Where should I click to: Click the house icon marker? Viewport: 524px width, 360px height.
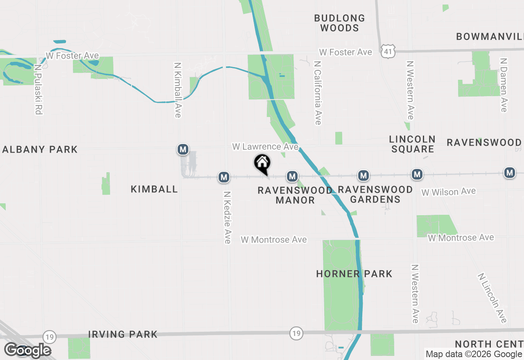click(x=262, y=163)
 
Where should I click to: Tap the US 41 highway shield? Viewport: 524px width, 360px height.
click(x=387, y=51)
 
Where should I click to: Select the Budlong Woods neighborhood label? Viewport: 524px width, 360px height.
click(x=339, y=23)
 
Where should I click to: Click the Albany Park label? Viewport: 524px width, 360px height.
click(x=40, y=149)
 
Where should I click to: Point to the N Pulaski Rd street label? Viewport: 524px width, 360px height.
click(x=39, y=89)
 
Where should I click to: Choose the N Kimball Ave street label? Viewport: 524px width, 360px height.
click(x=178, y=90)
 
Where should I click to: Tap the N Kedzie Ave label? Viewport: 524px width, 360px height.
click(x=227, y=217)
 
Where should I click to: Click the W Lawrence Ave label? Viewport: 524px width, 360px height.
click(x=265, y=146)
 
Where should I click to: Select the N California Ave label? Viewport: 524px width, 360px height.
click(x=318, y=93)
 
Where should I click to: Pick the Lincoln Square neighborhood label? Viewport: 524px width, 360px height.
click(x=412, y=144)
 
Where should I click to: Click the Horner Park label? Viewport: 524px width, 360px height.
click(x=354, y=274)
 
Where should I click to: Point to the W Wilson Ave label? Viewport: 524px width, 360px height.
click(x=449, y=191)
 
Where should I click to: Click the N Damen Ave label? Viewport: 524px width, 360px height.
click(x=504, y=85)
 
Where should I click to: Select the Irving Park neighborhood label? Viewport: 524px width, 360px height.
click(x=123, y=334)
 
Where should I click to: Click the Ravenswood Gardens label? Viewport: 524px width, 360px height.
click(x=375, y=194)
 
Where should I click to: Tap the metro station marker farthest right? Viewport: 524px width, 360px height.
click(x=510, y=173)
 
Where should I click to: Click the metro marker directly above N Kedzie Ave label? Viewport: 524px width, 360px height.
click(x=224, y=177)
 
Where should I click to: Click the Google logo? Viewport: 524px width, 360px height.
click(x=27, y=350)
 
